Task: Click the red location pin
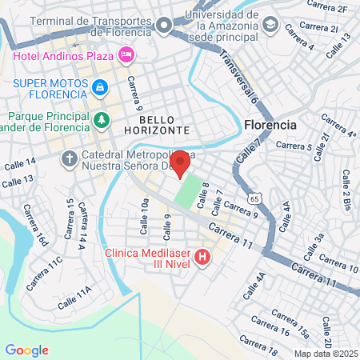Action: tap(180, 162)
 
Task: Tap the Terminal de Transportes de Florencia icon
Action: tap(165, 26)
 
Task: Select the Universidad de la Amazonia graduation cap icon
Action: tap(270, 26)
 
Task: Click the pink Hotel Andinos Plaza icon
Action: tap(126, 55)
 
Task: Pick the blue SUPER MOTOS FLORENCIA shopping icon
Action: tap(99, 87)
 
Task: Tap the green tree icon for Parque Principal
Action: tap(101, 120)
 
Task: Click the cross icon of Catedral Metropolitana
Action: tap(70, 158)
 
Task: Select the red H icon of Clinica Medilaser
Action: tap(202, 258)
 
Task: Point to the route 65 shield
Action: tap(254, 196)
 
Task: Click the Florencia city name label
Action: tap(270, 126)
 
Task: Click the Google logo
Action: tap(26, 350)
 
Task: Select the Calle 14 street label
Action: tap(19, 164)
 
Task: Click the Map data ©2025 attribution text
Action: tap(325, 353)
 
